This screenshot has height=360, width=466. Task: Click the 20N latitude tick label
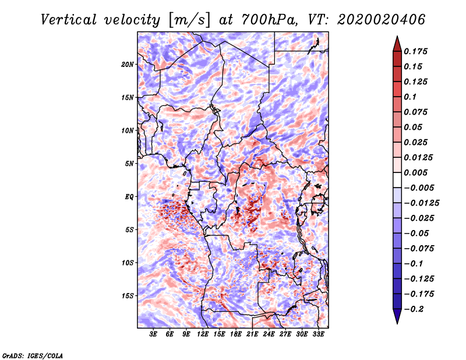coord(128,65)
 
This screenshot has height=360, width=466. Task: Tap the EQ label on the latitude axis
coord(129,197)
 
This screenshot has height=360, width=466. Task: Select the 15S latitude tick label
coord(128,296)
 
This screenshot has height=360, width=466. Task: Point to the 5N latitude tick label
coord(129,164)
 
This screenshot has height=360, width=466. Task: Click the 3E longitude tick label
coord(153,334)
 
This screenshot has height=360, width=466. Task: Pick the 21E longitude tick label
coord(252,334)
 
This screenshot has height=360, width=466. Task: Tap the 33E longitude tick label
coord(318,334)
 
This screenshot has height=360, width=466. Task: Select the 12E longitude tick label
coord(203,334)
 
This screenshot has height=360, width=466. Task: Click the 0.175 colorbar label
coord(415,51)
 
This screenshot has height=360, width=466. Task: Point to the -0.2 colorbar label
coord(414,309)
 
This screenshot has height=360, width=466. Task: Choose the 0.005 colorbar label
coord(415,172)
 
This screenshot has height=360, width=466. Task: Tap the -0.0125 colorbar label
coord(421,203)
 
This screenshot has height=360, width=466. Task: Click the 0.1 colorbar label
coord(410,97)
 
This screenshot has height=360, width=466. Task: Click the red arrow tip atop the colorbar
coord(397,36)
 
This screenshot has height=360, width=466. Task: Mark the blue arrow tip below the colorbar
coord(397,323)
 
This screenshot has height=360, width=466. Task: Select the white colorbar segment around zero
coord(397,180)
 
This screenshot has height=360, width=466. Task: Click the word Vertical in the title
coord(69,20)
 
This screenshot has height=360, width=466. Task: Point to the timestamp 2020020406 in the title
coord(382,20)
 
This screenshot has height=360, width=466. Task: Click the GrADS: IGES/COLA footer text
coord(33,356)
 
